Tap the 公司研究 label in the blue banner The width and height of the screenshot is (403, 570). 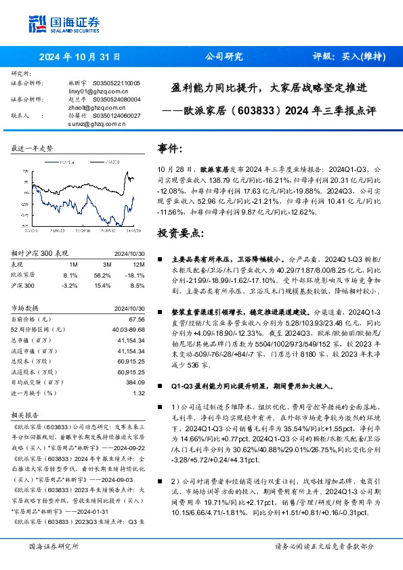224,58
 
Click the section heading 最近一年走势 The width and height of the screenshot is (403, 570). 33,148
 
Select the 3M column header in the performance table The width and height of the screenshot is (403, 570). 107,265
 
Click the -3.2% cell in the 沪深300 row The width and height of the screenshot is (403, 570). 70,284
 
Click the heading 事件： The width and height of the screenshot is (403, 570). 170,147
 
